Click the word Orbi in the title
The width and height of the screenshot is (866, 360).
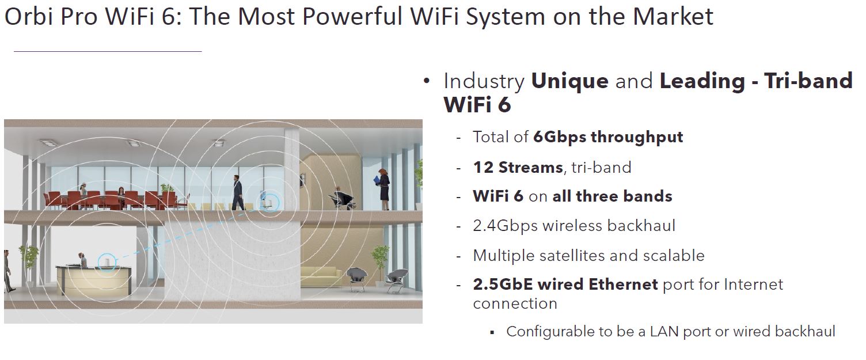(x=29, y=17)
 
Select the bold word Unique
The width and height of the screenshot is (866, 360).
(x=570, y=81)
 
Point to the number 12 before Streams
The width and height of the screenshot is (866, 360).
(x=483, y=168)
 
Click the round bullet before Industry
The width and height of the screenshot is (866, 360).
(x=427, y=81)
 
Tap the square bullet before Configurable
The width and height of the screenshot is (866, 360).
(x=492, y=332)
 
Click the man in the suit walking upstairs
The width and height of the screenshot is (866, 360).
(x=238, y=192)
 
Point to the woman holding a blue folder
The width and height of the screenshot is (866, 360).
(x=383, y=189)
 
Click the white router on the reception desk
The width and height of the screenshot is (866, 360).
(x=107, y=263)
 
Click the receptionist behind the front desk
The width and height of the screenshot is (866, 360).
(x=82, y=260)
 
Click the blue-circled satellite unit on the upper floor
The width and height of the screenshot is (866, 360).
(x=269, y=202)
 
